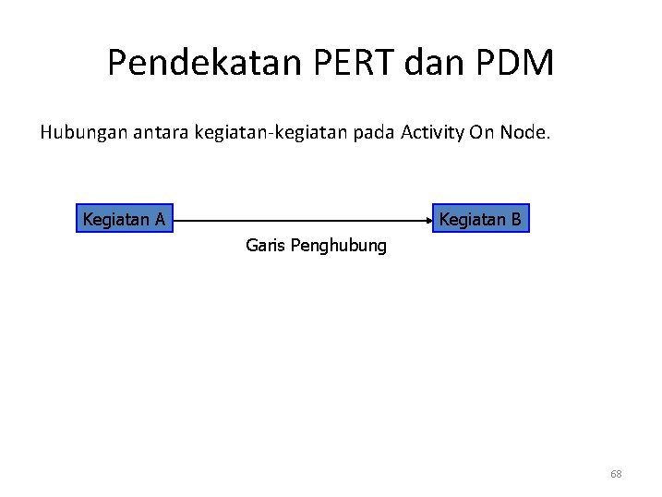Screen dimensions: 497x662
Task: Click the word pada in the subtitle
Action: [x=371, y=133]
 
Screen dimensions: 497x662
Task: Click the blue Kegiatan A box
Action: [x=125, y=220]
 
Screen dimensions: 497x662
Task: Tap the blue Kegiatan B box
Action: [x=480, y=220]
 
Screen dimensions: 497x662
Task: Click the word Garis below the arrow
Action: [x=265, y=247]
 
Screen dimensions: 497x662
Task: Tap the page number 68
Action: [x=616, y=474]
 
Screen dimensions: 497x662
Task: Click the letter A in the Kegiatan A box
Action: [x=161, y=220]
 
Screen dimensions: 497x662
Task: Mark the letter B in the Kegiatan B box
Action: [x=516, y=220]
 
